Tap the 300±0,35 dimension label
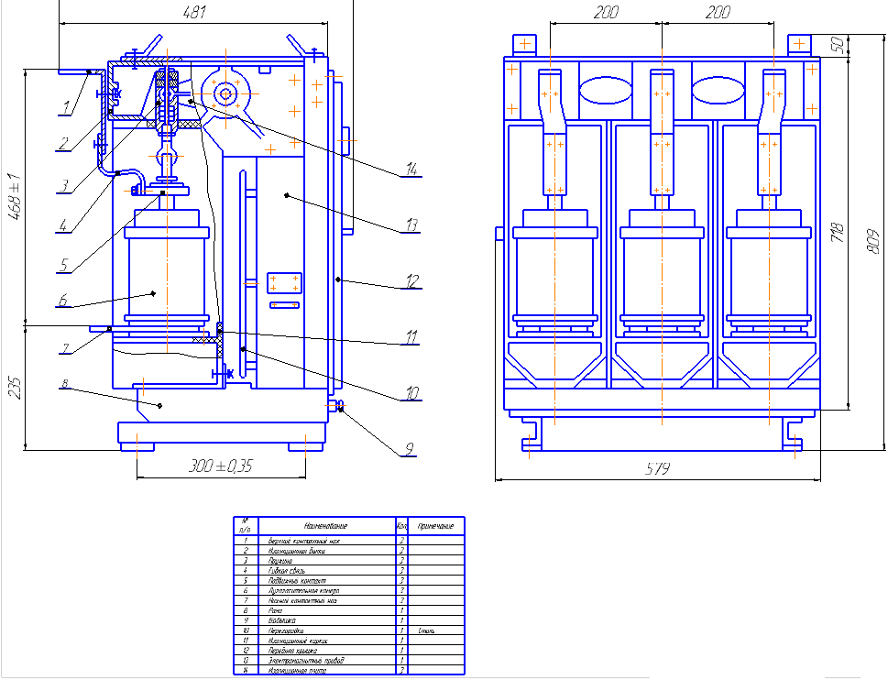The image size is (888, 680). [x=219, y=466]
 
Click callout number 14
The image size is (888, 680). [x=411, y=170]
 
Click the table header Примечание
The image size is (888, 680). [x=436, y=526]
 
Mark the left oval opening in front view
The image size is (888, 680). [x=605, y=91]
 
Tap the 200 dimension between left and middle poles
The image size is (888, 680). [x=606, y=13]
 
